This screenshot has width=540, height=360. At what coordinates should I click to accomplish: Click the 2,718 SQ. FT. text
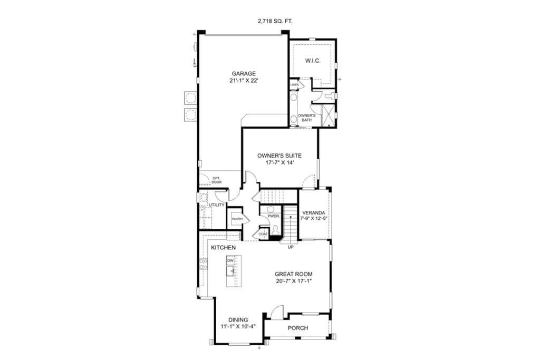[x=275, y=21]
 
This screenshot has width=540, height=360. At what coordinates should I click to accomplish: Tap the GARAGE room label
[x=244, y=73]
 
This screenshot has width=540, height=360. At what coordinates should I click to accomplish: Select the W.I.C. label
[x=313, y=61]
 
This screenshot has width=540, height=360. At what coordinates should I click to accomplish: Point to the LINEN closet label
[x=294, y=85]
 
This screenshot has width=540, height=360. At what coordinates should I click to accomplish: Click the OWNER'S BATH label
[x=306, y=118]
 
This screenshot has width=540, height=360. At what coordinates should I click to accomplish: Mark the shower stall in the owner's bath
[x=327, y=115]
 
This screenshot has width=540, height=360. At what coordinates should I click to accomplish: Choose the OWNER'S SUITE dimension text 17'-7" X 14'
[x=279, y=163]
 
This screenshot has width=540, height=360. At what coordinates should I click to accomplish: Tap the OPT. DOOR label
[x=217, y=180]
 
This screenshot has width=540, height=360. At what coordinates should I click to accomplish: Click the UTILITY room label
[x=217, y=205]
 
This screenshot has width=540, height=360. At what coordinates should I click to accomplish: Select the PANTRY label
[x=237, y=219]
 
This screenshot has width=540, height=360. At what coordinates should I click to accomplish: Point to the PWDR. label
[x=274, y=216]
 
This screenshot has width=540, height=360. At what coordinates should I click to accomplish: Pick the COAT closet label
[x=263, y=234]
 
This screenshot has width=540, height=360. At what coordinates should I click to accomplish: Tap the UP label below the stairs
[x=291, y=247]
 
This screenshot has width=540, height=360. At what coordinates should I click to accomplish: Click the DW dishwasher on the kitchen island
[x=230, y=260]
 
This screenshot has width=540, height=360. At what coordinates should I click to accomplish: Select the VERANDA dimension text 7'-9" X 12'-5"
[x=313, y=218]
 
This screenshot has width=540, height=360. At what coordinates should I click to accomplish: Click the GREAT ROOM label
[x=294, y=274]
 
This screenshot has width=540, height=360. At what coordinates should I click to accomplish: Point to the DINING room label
[x=238, y=320]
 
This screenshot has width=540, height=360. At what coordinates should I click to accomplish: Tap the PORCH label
[x=298, y=328]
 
